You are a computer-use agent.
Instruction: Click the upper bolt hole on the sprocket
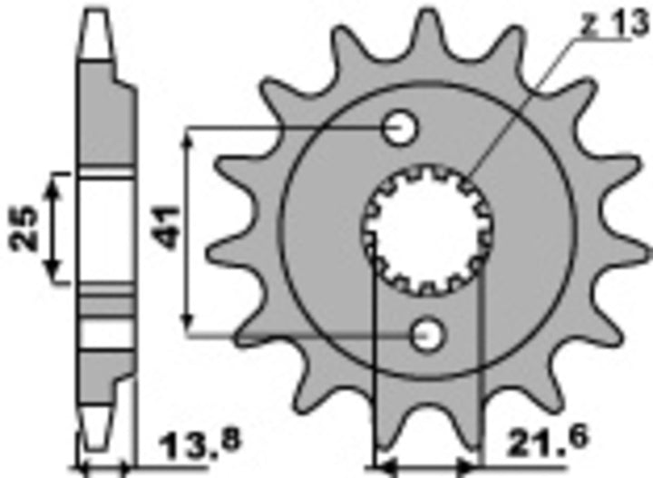tap(399, 128)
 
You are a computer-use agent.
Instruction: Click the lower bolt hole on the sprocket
tap(428, 336)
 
